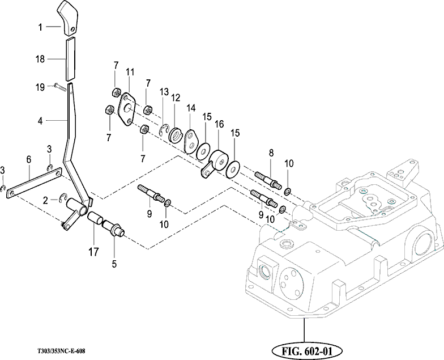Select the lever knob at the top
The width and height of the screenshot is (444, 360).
69,18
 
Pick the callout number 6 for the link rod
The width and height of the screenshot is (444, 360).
28,160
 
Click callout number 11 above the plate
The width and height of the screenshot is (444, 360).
130,71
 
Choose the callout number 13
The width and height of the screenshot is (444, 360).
164,92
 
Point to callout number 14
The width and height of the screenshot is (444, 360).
191,108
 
